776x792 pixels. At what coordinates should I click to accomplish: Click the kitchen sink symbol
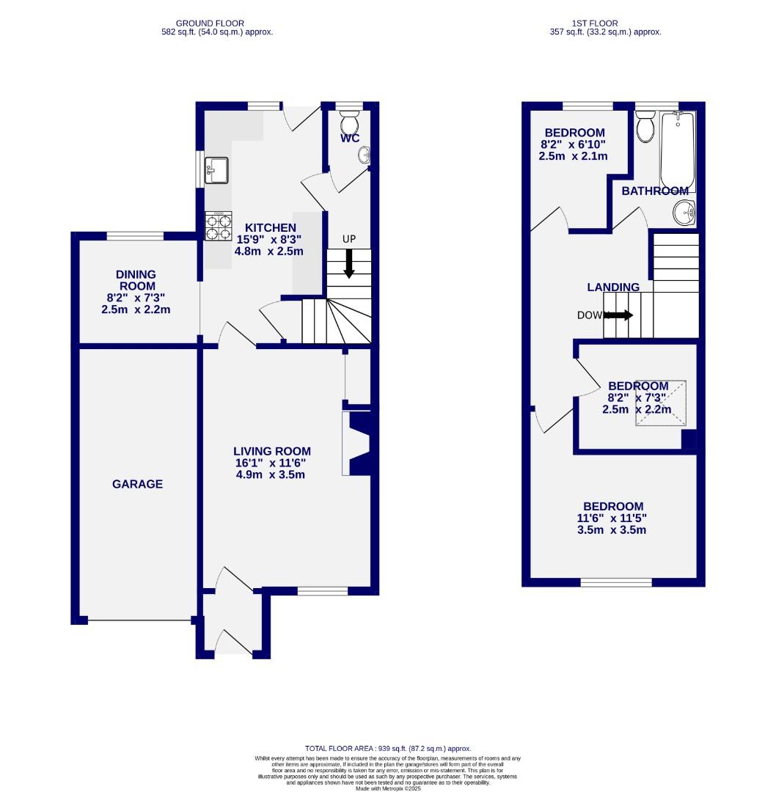coord(218,170)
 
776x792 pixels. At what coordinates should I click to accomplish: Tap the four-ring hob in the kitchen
coord(219,225)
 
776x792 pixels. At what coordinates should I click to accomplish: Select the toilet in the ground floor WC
coord(350,121)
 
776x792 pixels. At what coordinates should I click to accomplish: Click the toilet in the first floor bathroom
coord(645,127)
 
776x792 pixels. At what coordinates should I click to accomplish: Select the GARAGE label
coord(137,484)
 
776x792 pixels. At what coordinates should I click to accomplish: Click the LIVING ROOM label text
coord(271,451)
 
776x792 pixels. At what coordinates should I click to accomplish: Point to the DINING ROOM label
coord(136,280)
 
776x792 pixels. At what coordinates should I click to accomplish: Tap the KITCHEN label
coord(270,227)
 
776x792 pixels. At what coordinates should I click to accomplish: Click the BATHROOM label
coord(655,191)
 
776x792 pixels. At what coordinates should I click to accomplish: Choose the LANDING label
coord(612,287)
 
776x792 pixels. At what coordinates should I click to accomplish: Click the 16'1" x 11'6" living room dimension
coord(271,463)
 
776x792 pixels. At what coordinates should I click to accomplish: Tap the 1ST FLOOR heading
coord(605,23)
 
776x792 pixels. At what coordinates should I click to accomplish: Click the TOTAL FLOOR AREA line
coord(388,748)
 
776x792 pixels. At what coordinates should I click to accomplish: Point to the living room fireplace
coord(357,444)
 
